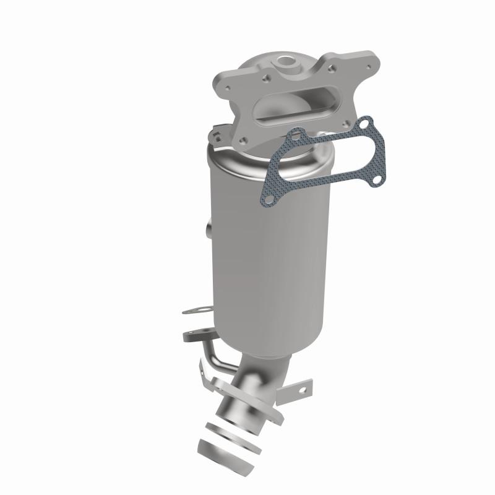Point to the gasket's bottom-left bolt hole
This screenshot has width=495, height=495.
click(x=267, y=198)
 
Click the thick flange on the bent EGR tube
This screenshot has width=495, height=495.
click(x=198, y=336)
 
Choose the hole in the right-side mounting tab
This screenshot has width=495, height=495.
click(x=302, y=390)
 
